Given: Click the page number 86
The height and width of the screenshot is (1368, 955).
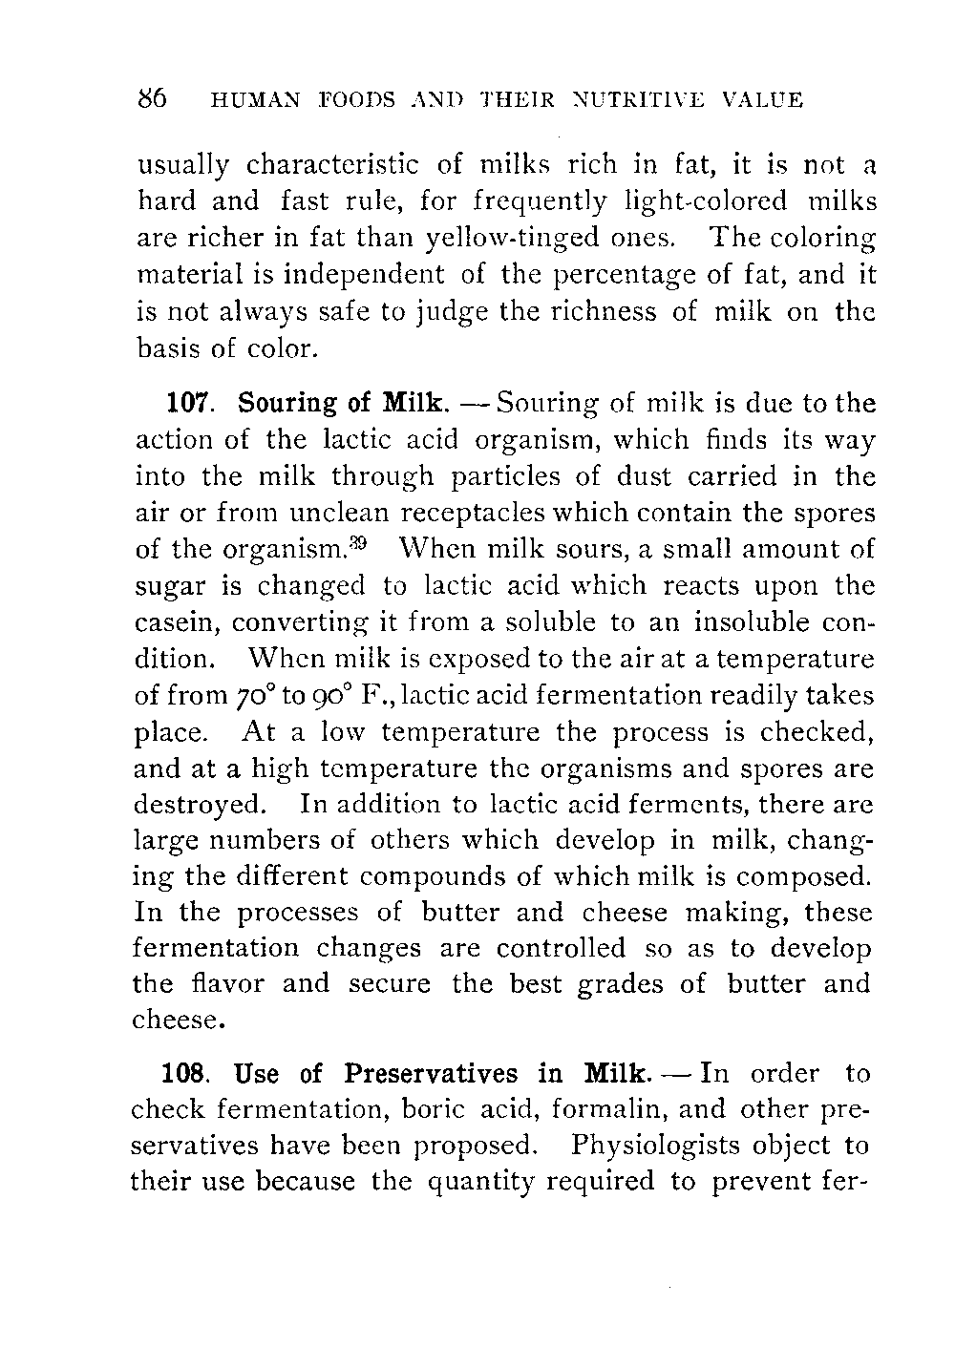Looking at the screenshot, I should [153, 99].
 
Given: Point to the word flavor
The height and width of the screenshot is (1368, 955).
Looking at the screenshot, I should [229, 983].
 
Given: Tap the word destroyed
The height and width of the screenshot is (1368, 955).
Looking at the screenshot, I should [198, 805].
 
